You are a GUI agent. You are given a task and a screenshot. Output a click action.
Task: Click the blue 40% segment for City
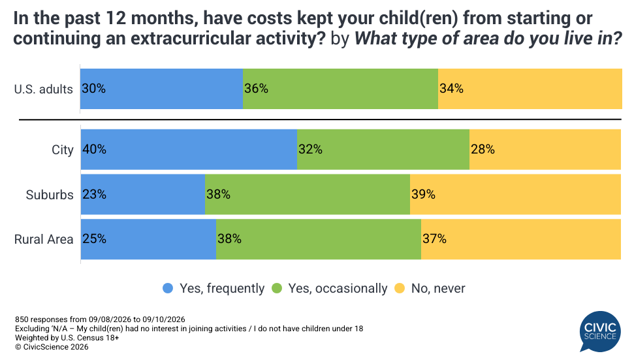coord(189,149)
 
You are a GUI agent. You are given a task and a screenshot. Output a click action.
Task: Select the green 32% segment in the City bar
coord(383,149)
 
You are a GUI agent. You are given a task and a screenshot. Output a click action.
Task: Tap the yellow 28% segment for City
coord(545,149)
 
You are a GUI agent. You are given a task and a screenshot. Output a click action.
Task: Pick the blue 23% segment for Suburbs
coord(143,194)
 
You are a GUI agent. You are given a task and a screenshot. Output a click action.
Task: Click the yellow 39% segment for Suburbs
coord(515,194)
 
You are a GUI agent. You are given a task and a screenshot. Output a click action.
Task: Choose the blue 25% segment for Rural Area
coord(148,239)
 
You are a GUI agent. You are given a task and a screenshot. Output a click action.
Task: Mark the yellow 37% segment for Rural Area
coord(521,239)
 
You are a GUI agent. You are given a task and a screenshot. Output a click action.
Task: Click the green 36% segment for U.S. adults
coord(340,89)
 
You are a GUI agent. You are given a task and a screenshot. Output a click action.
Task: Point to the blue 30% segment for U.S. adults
coord(162,89)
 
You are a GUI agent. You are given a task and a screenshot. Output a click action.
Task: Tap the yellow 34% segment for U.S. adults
coord(530,89)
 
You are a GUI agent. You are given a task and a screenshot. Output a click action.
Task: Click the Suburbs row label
coord(50,195)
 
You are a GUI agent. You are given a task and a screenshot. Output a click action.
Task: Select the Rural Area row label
coord(44,239)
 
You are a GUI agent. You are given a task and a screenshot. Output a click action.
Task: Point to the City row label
coord(63,150)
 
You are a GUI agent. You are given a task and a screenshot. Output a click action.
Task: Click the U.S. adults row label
coord(44,89)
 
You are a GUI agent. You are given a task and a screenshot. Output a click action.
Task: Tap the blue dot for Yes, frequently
coord(168,288)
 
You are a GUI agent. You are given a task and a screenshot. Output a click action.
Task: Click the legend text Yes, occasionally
coord(338,288)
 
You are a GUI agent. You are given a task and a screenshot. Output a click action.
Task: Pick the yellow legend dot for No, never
coord(400,288)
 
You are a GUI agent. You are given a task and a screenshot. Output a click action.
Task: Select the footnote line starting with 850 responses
coord(100,319)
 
